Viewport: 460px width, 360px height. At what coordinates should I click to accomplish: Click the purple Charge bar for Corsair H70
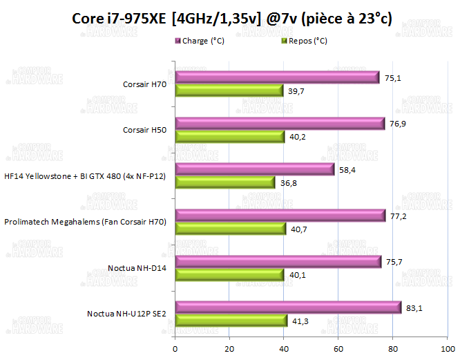[x=276, y=77]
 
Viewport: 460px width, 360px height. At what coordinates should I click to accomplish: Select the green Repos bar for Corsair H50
[x=229, y=137]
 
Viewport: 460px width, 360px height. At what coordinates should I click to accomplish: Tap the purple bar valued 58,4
[x=253, y=169]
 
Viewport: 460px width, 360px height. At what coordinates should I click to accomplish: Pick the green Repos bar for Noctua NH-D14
[x=229, y=275]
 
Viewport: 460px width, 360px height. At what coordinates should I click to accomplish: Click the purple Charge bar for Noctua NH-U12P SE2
[x=287, y=307]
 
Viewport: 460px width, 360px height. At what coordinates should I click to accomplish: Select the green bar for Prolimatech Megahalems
[x=230, y=229]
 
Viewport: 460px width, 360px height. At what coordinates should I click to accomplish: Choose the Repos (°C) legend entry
[x=306, y=41]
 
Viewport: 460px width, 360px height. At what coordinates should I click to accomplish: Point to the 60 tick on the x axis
[x=338, y=348]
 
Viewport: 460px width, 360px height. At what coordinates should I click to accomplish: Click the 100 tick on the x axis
[x=448, y=348]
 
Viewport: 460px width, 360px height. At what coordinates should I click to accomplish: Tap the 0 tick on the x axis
[x=175, y=348]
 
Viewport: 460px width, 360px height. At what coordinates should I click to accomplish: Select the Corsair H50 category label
[x=145, y=130]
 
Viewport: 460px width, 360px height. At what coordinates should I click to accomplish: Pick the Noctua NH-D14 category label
[x=137, y=268]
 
